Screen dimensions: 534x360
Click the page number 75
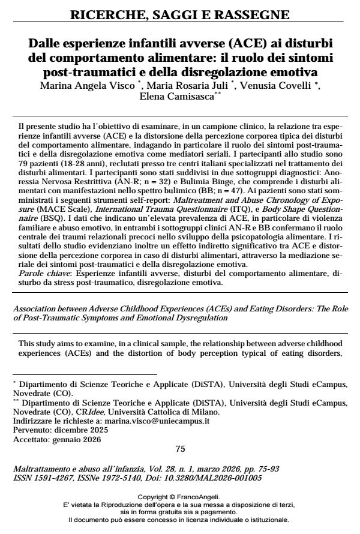pos(179,448)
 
